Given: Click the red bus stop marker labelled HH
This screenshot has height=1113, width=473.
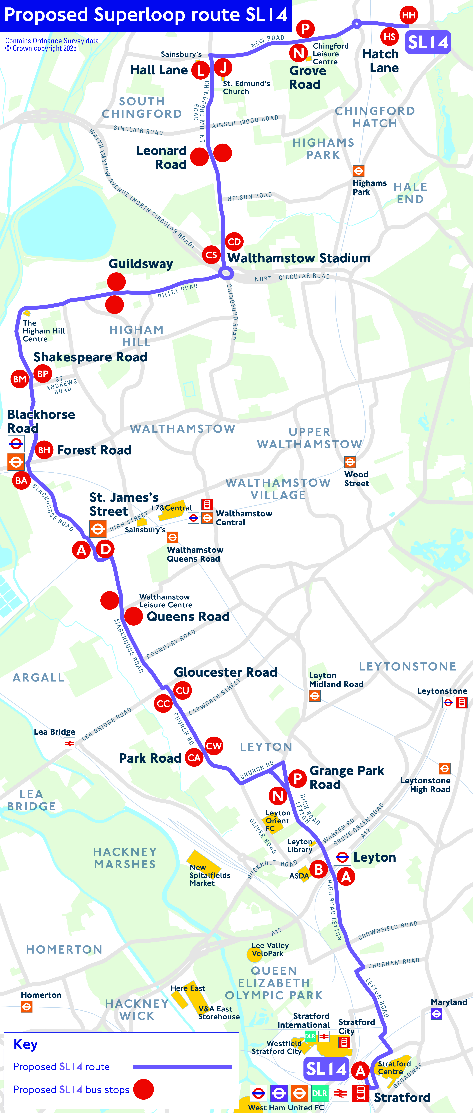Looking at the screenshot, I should tap(409, 15).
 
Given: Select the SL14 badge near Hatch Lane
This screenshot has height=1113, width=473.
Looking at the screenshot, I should tap(428, 42).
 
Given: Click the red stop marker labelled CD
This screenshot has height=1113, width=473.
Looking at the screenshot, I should tap(234, 241).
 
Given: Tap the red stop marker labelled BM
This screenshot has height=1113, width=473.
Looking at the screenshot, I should tap(19, 379).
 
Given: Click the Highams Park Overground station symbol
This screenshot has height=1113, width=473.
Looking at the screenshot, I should tap(358, 171).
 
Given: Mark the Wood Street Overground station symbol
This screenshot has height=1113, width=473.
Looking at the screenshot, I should tap(350, 462).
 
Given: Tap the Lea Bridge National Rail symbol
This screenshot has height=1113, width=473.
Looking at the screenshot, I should tap(69, 743).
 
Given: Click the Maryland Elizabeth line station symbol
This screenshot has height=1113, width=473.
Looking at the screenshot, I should tap(436, 1013).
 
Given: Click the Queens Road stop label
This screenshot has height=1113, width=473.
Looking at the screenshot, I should tap(188, 617).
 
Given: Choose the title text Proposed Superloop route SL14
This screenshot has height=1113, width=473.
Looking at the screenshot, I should tap(146, 15).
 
